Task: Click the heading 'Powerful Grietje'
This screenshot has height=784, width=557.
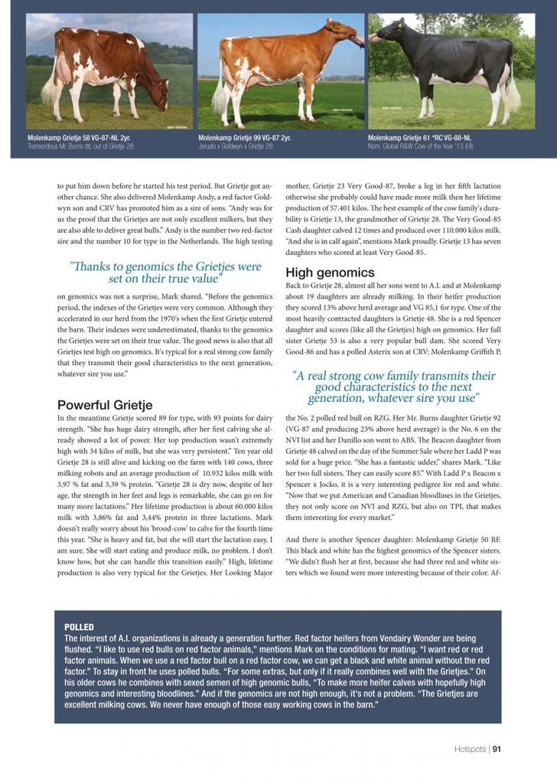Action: [105, 404]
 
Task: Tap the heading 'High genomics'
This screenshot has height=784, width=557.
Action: [330, 272]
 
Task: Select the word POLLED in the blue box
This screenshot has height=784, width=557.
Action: [79, 626]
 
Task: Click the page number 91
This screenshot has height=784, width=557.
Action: [497, 749]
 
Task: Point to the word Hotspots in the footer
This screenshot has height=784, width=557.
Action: [468, 749]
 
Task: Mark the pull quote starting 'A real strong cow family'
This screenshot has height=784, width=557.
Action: [393, 387]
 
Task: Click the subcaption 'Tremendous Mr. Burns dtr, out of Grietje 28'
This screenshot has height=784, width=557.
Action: [80, 146]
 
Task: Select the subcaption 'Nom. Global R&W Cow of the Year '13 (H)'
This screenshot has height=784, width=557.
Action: [420, 146]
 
